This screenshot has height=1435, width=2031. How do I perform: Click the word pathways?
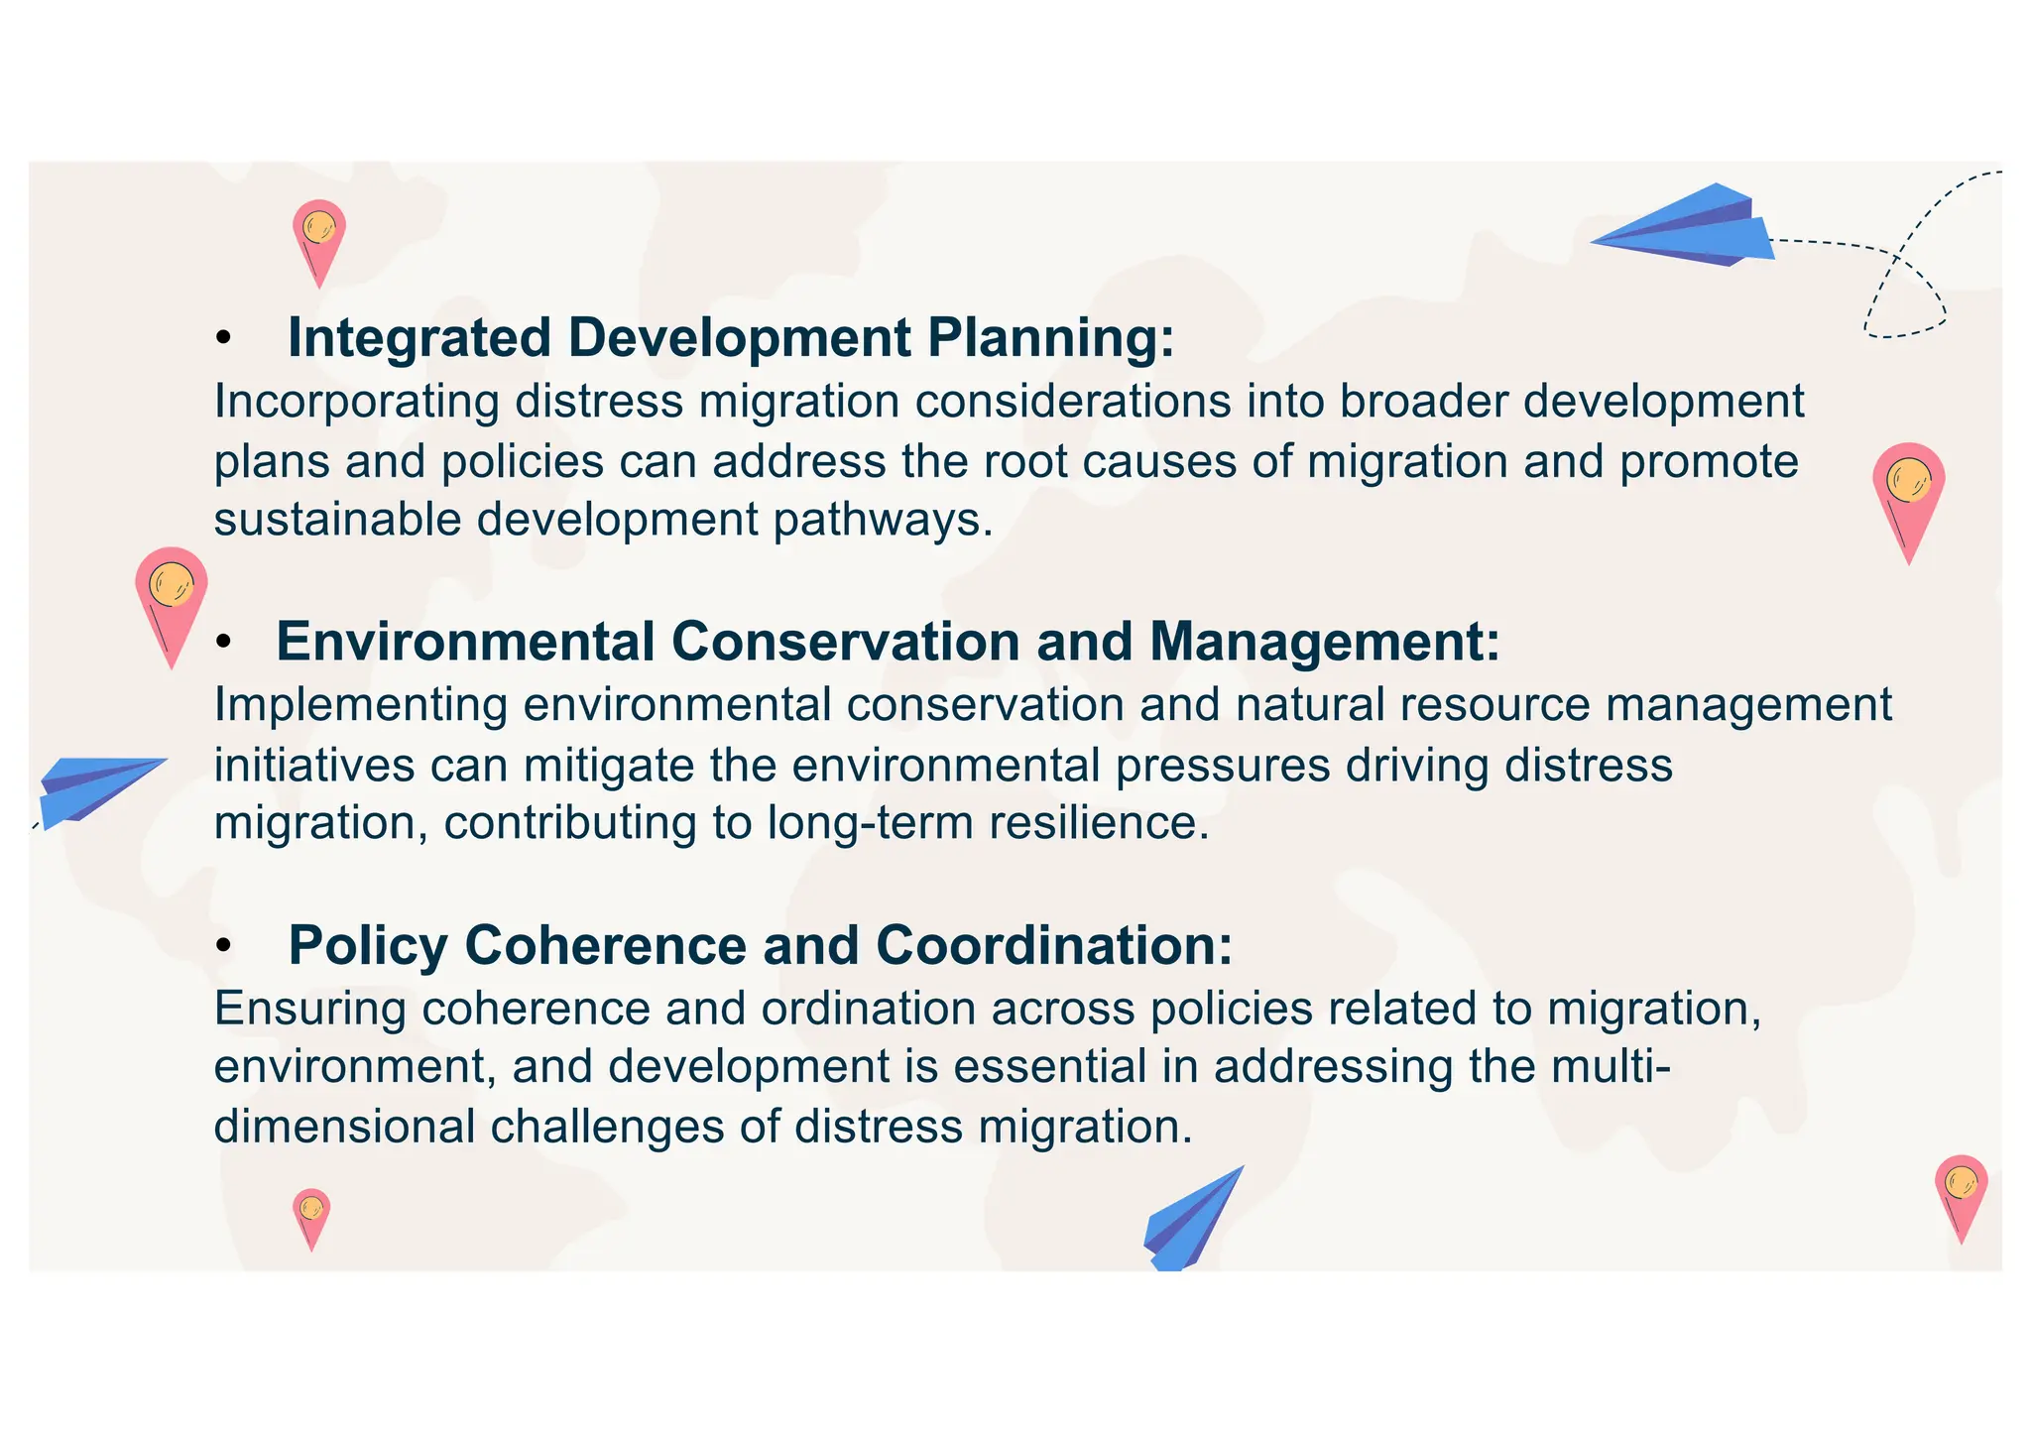[x=883, y=521]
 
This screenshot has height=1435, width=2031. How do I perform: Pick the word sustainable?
[x=337, y=521]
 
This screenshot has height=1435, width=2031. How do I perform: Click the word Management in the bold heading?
[x=1324, y=642]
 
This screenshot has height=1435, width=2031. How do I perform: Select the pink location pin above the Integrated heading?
[x=319, y=239]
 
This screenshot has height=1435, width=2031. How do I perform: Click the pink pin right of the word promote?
[x=1908, y=496]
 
